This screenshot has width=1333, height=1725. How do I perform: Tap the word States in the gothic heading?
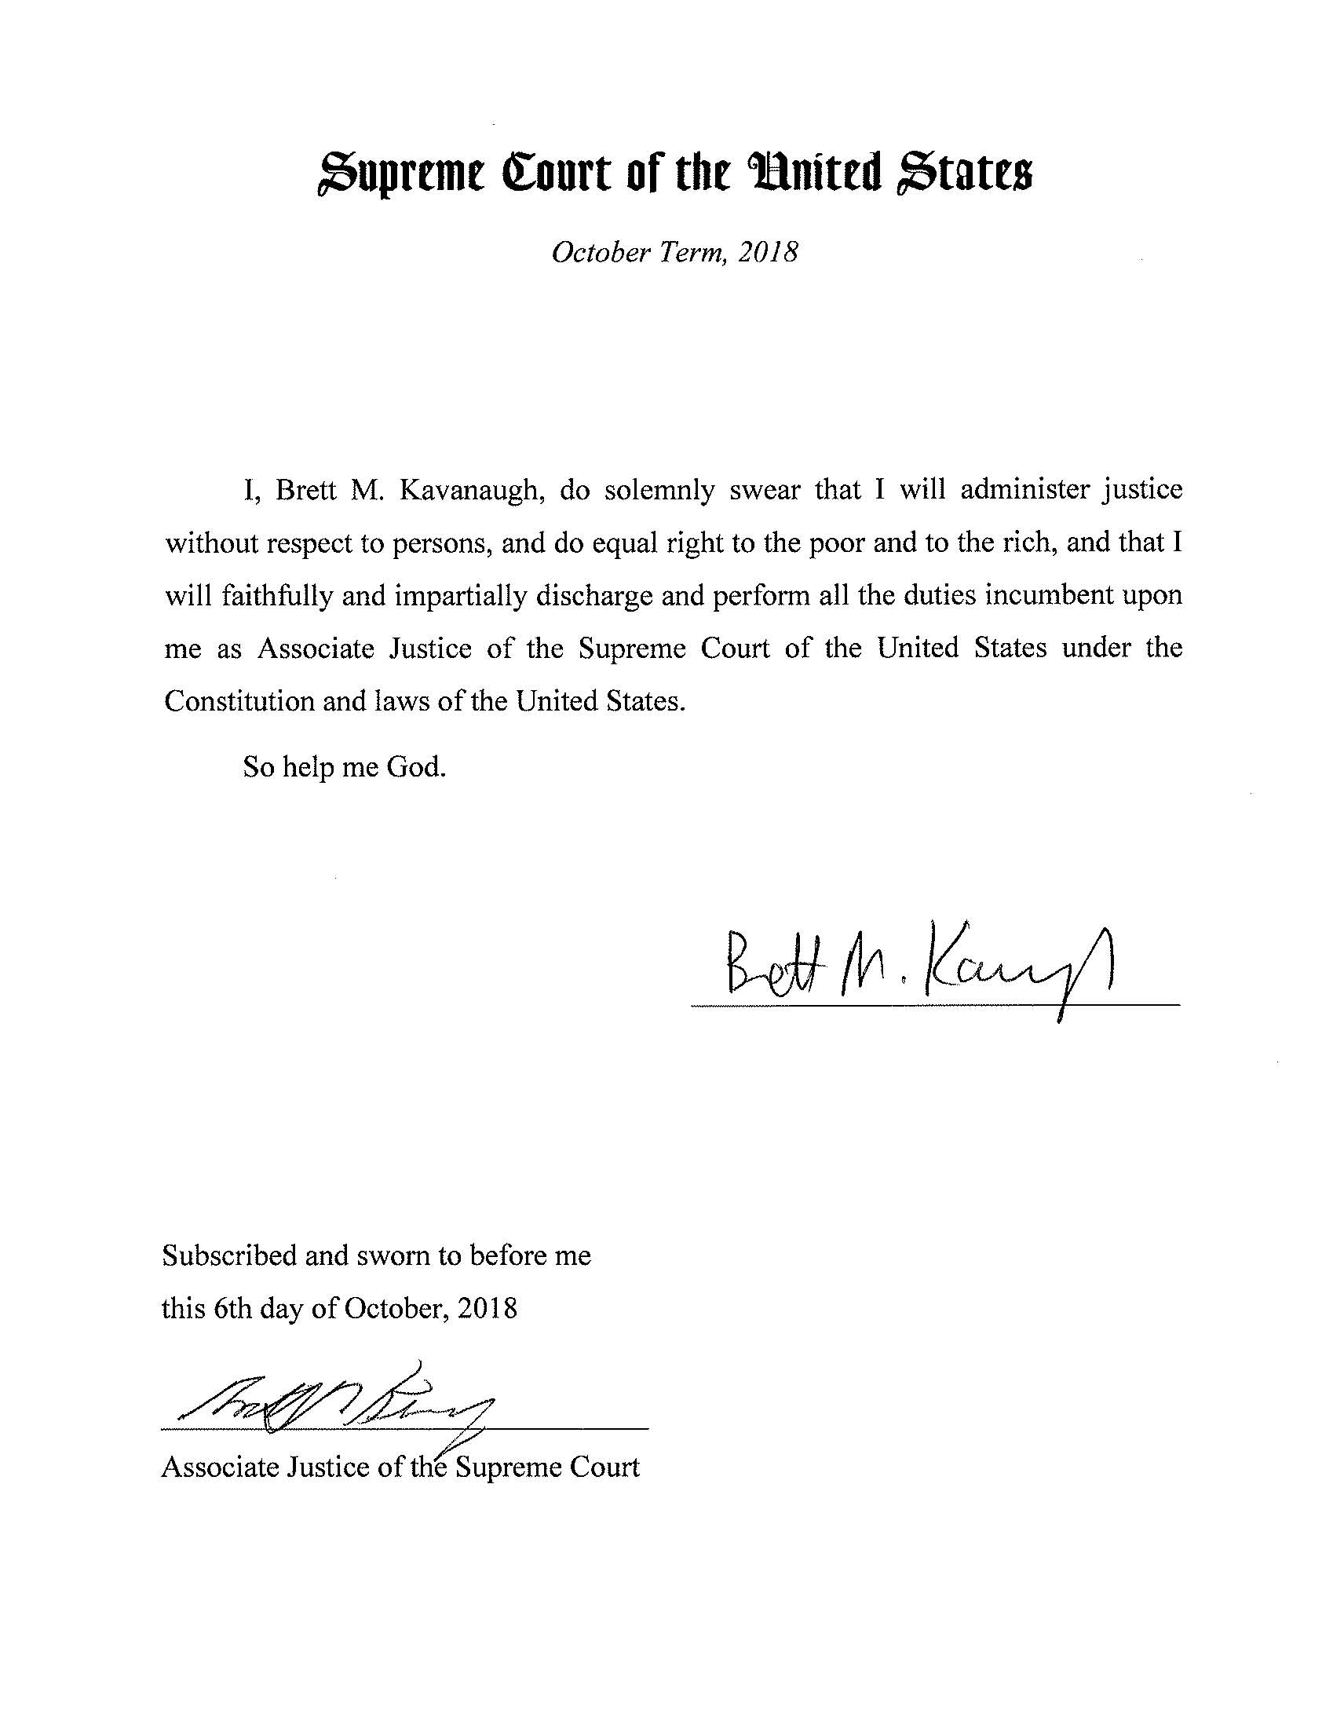[962, 175]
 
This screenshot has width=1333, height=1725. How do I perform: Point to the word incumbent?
[1049, 595]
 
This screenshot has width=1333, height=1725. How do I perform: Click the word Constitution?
[239, 701]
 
